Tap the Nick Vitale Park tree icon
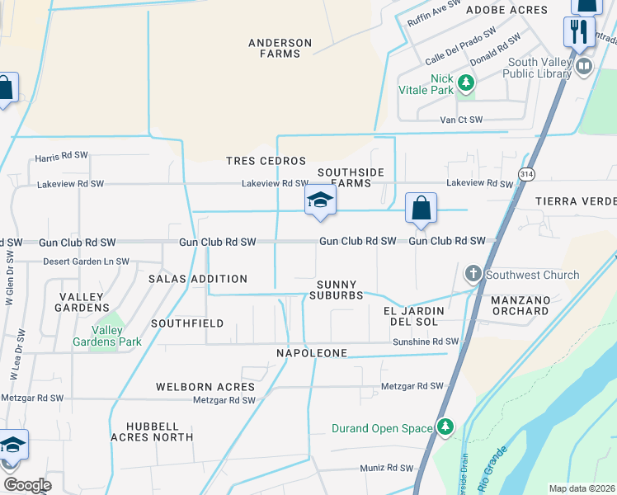(x=466, y=82)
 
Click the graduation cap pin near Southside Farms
(x=320, y=200)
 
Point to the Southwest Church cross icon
(x=473, y=274)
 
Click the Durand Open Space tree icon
(x=445, y=427)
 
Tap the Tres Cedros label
(x=266, y=161)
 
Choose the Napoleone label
(x=313, y=353)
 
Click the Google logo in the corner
(x=27, y=484)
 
